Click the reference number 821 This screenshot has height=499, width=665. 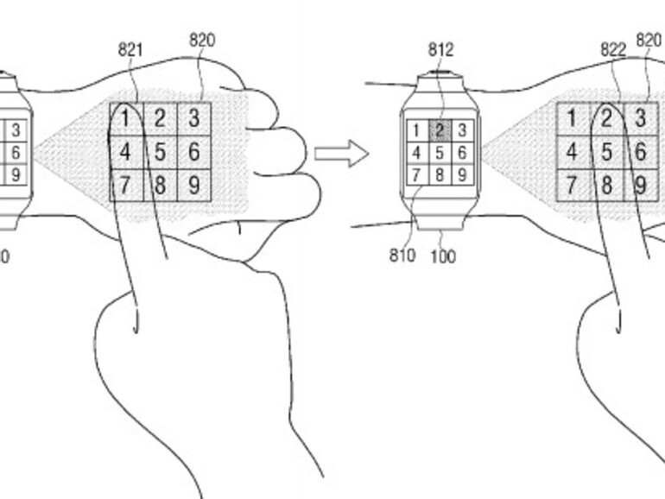[130, 50]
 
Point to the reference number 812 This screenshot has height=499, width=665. [440, 50]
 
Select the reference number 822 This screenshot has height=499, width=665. [613, 50]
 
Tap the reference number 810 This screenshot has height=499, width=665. [402, 256]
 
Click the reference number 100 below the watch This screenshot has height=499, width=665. [443, 256]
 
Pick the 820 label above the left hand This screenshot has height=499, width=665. [201, 40]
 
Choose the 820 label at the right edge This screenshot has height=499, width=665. [649, 40]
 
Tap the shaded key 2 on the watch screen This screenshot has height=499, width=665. [440, 131]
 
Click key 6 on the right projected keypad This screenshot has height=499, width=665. [641, 153]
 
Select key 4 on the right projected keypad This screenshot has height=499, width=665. [573, 153]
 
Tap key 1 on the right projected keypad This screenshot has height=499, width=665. [573, 118]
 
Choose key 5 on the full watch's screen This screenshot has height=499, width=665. [440, 153]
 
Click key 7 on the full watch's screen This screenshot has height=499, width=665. [417, 174]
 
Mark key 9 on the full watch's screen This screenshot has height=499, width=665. [462, 174]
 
